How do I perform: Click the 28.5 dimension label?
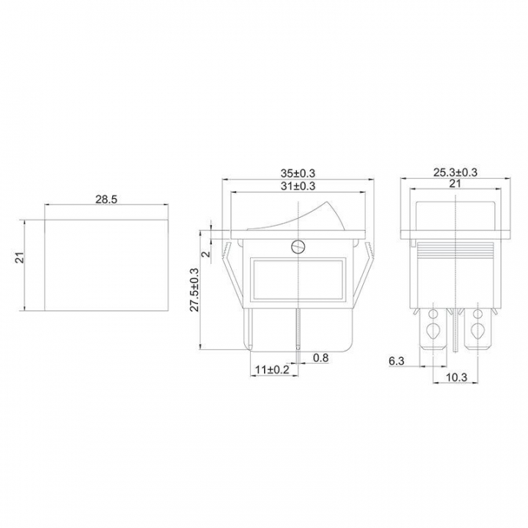[106, 199]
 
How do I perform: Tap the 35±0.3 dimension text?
[298, 173]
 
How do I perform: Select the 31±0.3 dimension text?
[298, 186]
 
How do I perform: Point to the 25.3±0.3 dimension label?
[455, 172]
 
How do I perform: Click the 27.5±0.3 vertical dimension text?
[195, 290]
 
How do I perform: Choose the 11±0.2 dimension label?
[272, 370]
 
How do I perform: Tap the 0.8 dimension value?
[320, 358]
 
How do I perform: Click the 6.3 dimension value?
[396, 361]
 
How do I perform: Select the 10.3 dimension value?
[457, 378]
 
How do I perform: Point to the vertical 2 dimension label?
[207, 252]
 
